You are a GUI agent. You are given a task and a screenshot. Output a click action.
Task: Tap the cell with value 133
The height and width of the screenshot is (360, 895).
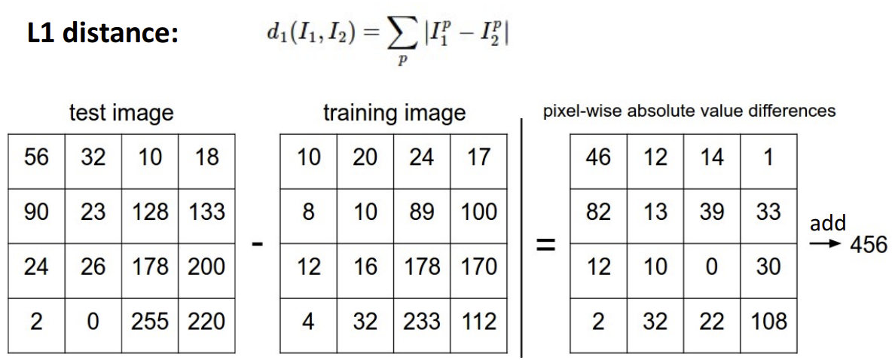click(x=206, y=212)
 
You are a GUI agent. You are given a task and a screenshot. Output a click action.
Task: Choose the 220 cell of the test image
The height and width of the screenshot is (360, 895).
click(x=206, y=322)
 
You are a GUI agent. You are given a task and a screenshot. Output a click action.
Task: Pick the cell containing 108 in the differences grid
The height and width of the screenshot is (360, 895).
click(x=768, y=322)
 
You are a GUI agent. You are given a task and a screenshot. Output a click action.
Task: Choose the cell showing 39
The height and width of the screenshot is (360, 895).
click(x=712, y=212)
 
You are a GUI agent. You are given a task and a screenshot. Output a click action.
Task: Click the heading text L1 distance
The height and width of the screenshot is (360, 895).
click(x=102, y=35)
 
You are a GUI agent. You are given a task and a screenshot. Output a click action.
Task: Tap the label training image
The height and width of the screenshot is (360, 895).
click(x=394, y=114)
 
